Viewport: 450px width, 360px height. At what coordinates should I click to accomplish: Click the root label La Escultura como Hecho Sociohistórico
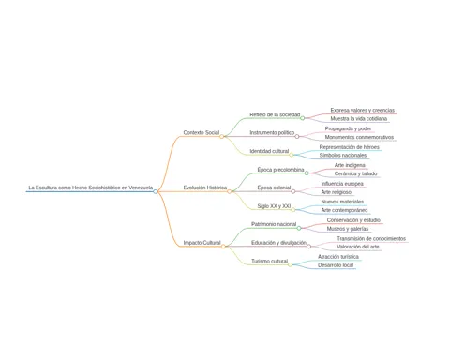coord(91,187)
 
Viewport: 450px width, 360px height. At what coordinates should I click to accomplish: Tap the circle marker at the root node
coord(156,191)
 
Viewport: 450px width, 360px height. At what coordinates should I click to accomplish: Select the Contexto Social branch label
coord(202,133)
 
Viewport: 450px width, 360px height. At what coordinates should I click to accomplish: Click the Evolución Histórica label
coord(205,187)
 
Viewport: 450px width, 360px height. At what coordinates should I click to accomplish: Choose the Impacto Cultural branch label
coord(202,243)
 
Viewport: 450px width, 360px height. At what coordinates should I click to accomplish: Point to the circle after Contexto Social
coord(221,137)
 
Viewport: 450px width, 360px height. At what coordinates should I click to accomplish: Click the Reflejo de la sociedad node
coord(275,114)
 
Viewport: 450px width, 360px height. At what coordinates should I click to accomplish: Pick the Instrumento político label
coord(272,133)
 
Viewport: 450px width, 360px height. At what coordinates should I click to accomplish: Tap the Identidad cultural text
coord(269,151)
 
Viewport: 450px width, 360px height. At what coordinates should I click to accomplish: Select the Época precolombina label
coord(280,170)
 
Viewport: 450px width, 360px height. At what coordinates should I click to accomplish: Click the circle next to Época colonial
coord(293,191)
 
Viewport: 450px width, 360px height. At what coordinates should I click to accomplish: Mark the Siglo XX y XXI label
coord(274,206)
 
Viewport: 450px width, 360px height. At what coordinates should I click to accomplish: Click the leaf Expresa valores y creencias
coord(363,111)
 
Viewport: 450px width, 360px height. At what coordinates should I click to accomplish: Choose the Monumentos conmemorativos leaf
coord(359,137)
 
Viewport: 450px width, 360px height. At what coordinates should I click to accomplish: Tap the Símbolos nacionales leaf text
coord(343,156)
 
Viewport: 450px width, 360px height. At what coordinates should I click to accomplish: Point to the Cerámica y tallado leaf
coord(355,173)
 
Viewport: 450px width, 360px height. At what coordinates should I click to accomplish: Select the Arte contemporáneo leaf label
coord(344,210)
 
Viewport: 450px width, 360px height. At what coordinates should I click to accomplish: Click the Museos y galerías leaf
coord(348,229)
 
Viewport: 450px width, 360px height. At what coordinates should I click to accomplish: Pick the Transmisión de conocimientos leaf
coord(371,239)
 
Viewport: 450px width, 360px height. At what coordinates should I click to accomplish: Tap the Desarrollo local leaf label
coord(336,265)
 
